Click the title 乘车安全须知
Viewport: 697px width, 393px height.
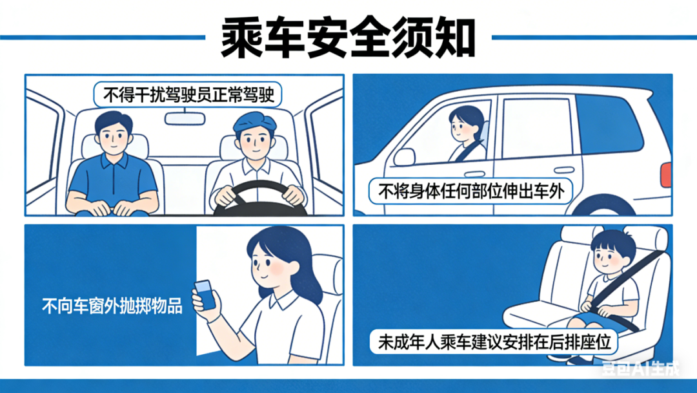coord(348,38)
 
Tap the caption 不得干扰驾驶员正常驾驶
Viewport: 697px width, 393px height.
coord(188,95)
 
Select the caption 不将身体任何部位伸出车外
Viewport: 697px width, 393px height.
coord(471,191)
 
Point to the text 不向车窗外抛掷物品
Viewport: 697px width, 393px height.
coord(112,306)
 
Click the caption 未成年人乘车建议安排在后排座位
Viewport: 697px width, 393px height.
coord(495,342)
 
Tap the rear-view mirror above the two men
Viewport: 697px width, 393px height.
coord(185,118)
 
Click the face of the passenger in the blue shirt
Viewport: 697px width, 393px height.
coord(114,136)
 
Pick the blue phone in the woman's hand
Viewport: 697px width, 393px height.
coord(205,295)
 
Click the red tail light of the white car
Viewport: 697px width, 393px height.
coord(666,175)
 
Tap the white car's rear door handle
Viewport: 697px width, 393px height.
coord(564,169)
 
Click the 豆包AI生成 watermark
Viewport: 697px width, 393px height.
coord(641,368)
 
